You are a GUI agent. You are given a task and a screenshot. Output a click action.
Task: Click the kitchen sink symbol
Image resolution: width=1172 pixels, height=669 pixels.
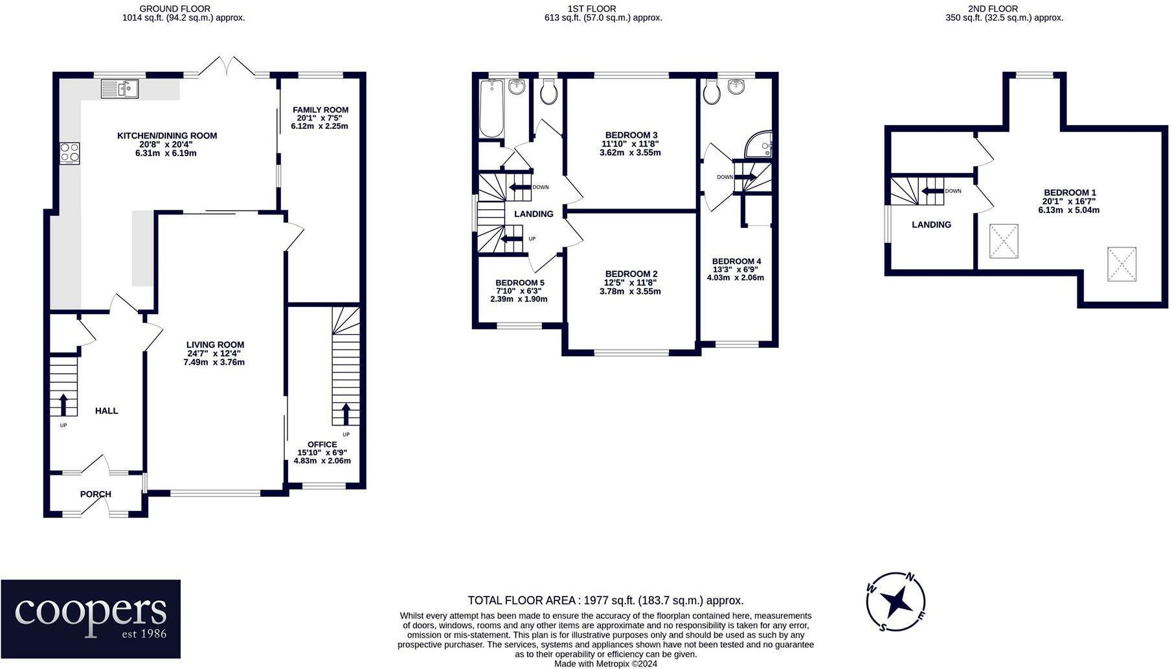(x=120, y=88)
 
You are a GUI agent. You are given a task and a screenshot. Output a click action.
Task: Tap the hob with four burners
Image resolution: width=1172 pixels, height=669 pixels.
(x=69, y=153)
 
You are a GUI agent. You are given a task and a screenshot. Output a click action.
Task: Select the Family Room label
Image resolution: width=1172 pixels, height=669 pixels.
(x=320, y=109)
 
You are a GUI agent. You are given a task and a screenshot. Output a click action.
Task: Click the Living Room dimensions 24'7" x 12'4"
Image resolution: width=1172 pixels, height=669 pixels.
(x=215, y=354)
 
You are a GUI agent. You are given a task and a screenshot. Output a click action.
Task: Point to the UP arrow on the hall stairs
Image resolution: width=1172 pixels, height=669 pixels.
(x=63, y=404)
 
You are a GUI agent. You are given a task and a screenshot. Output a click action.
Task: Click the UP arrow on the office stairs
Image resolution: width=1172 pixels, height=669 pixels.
(x=345, y=413)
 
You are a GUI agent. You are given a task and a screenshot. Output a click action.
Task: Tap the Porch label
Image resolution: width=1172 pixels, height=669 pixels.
(x=96, y=494)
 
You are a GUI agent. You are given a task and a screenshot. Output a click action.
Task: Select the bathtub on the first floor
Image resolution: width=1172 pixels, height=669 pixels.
(x=491, y=109)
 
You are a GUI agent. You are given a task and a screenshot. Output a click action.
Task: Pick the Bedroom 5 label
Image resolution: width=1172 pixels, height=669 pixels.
(x=519, y=283)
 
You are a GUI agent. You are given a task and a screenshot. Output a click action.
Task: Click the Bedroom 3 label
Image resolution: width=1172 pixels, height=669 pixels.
(x=631, y=135)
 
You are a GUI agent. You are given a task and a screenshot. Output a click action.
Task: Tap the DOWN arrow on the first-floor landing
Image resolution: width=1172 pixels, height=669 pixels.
(x=519, y=188)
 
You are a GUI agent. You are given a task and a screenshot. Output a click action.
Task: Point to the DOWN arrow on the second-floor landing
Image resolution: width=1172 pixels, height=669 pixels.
(x=932, y=191)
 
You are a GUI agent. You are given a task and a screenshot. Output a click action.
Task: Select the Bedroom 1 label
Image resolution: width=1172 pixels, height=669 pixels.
(x=1069, y=192)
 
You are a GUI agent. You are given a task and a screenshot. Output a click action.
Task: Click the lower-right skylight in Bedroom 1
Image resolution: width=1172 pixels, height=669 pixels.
(x=1121, y=264)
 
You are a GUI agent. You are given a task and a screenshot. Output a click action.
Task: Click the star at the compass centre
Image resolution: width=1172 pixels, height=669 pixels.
(x=896, y=602)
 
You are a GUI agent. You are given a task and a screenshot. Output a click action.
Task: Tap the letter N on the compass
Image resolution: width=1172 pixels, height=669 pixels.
(x=910, y=577)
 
